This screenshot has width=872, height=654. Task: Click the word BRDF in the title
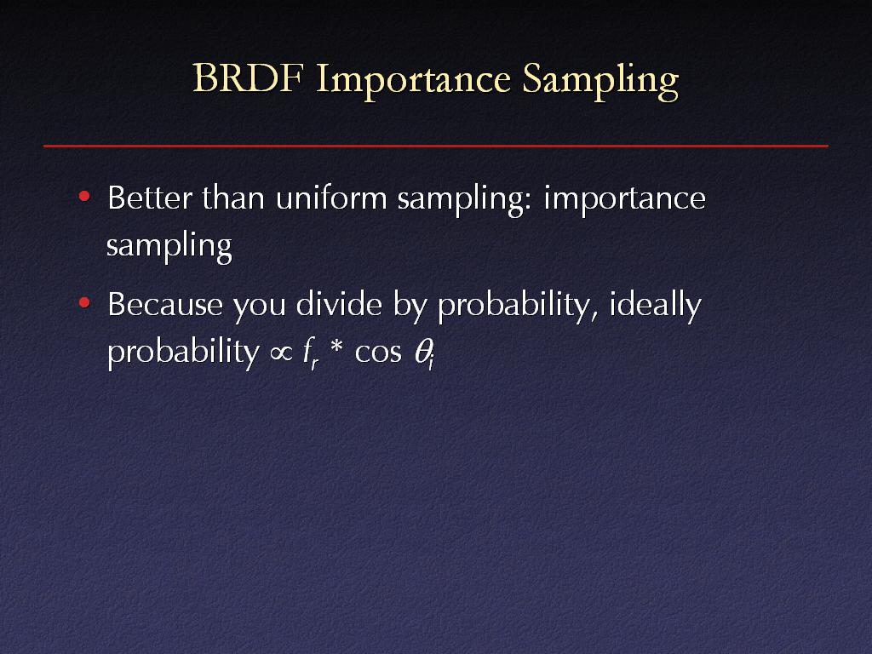point(248,77)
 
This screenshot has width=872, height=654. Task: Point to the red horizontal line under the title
point(436,146)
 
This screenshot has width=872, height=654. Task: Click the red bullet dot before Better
point(84,196)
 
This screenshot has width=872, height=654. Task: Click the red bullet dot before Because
point(84,302)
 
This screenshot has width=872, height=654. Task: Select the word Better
point(150,198)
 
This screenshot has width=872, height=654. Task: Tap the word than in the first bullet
point(233,198)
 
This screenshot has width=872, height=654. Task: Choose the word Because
point(165,305)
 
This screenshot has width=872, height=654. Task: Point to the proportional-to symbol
point(281,353)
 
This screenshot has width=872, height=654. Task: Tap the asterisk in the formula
point(337,349)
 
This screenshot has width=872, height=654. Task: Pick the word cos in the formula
point(378,353)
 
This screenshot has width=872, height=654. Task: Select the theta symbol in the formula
point(424,353)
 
